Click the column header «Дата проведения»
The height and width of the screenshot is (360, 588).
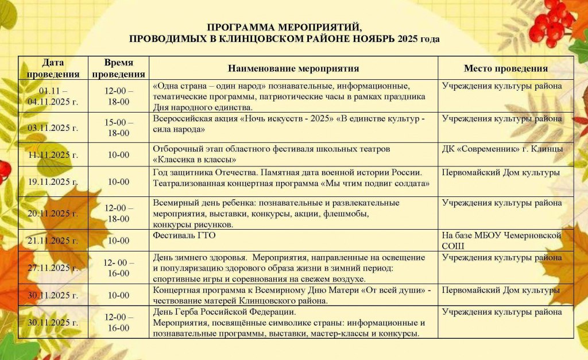click(53, 68)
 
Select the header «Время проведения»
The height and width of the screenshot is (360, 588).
click(119, 68)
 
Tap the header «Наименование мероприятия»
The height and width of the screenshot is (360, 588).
click(293, 68)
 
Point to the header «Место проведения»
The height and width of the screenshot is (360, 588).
click(506, 68)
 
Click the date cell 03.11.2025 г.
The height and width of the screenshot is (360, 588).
click(53, 127)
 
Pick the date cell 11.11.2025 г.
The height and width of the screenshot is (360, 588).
click(53, 154)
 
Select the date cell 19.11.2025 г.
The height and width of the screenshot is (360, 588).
click(53, 181)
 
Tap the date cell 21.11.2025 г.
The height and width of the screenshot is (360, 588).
click(53, 240)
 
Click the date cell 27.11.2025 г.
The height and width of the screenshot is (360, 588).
click(53, 268)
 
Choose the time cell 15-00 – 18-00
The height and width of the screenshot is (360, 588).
click(119, 127)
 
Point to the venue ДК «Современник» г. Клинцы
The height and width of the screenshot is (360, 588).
click(502, 149)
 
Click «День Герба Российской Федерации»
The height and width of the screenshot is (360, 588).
click(224, 312)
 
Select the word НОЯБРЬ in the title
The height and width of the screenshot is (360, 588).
click(373, 39)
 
